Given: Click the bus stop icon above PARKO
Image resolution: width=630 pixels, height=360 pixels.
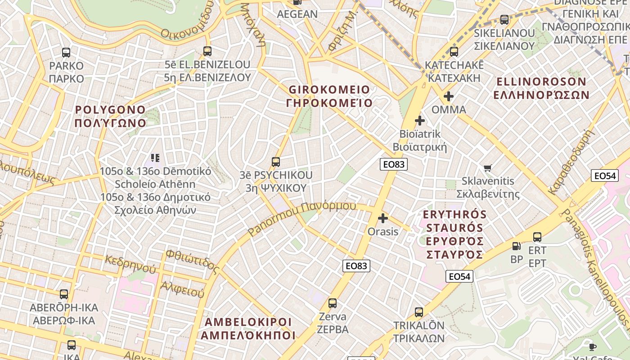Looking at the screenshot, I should pos(66,53).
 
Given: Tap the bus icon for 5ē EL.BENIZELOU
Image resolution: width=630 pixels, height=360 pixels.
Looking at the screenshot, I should pos(207,51).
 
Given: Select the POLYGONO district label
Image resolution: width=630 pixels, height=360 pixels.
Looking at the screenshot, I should pos(111,116).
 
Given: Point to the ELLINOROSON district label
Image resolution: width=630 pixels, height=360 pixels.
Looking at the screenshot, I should pos(541,88).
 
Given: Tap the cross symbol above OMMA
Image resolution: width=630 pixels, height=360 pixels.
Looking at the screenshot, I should pos(448,96).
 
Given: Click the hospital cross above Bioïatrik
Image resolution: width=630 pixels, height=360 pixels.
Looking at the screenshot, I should pos(420,121).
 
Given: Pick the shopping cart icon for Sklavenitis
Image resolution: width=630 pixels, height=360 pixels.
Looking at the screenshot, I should pos(487,168).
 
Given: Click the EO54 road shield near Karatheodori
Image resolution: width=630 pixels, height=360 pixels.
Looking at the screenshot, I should pos(604,175).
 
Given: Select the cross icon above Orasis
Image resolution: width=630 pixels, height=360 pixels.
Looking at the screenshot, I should pos(383,219).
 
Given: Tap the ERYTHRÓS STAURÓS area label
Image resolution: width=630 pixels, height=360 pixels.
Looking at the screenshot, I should pos(454,234).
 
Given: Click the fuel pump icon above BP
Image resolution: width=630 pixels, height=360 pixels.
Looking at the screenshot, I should pos(517,246).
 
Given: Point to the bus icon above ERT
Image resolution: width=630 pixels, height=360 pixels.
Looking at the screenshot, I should pos(537,237).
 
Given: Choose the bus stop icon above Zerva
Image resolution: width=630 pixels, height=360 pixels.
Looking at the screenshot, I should pos(333,303).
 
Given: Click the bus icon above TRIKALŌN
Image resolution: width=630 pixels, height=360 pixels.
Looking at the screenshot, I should pos(419,312).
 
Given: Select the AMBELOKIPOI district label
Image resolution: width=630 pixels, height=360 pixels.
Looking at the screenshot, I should pos(248,328).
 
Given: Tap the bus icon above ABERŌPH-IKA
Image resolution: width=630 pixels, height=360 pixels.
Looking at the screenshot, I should pos(64,294).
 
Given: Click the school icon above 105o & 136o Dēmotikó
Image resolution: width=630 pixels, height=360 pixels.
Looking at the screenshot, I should pos(155,157).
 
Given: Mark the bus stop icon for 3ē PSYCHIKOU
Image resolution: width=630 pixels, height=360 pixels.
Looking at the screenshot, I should pos(276,162).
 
